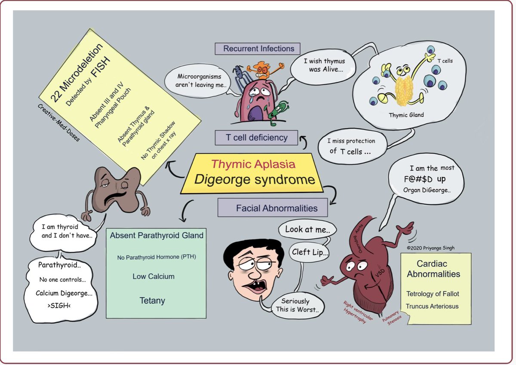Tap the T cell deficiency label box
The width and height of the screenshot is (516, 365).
coord(257,138)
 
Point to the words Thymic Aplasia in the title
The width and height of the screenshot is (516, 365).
coord(253,164)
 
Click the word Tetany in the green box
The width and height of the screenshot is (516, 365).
coord(152,300)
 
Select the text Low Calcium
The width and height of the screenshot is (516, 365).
coord(154,277)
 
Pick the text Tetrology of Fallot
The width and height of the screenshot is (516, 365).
coord(433,294)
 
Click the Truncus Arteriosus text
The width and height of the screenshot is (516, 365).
coord(432,306)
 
